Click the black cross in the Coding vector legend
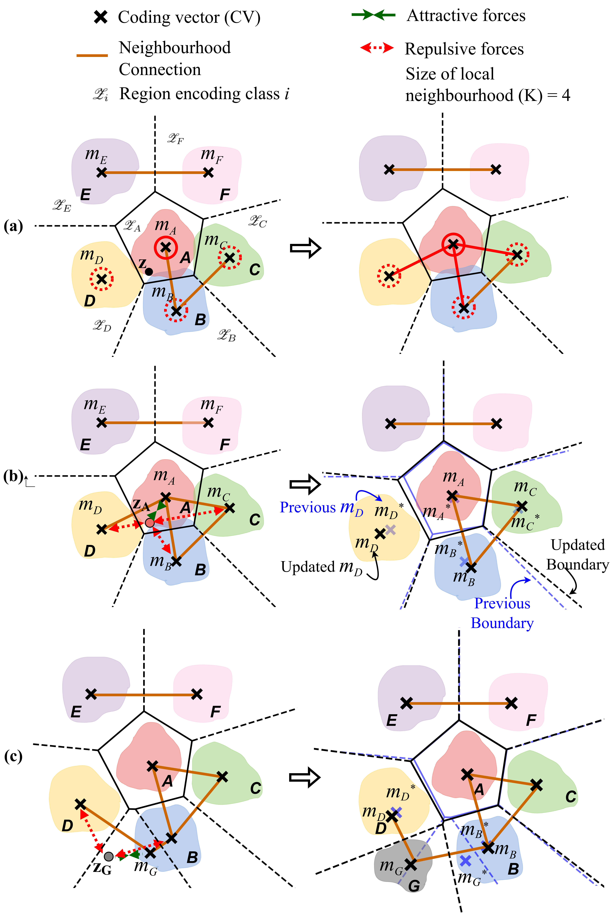pyautogui.click(x=101, y=17)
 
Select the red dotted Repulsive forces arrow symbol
pyautogui.click(x=377, y=48)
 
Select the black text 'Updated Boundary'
pyautogui.click(x=577, y=554)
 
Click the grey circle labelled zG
pyautogui.click(x=109, y=856)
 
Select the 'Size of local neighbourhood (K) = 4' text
pyautogui.click(x=487, y=84)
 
